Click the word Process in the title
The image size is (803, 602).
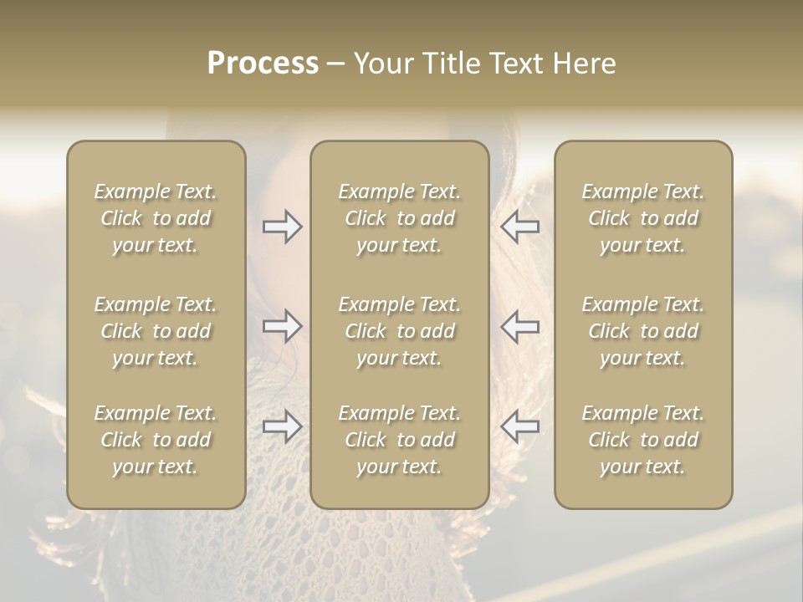263,64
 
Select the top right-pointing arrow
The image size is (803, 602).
283,227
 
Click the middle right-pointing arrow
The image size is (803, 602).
283,326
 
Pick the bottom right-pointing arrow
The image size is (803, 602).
283,426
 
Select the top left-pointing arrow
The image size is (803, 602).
519,227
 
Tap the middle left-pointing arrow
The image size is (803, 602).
519,326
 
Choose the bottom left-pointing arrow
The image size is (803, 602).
519,426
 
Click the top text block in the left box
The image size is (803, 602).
156,218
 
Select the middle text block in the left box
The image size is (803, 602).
156,331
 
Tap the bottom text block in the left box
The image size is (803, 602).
156,440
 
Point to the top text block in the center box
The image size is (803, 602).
399,218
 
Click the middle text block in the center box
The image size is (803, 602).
399,331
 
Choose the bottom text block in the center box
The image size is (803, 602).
399,440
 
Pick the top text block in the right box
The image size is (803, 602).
642,218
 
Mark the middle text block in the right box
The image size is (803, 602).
642,331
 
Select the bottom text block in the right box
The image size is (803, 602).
642,440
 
